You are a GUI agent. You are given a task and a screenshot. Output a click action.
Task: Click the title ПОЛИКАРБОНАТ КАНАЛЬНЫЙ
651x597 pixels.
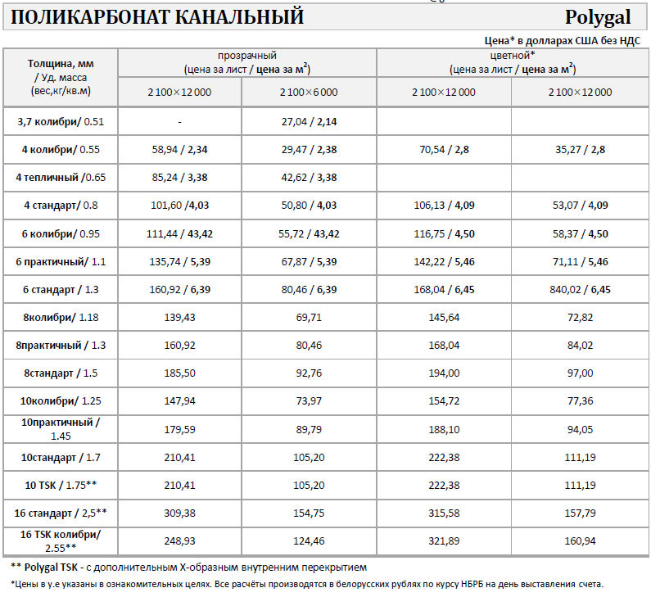[x=157, y=16]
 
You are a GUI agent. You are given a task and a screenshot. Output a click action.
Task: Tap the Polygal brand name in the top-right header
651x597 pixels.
[x=597, y=17]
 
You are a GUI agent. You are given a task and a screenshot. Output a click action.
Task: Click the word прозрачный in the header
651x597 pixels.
[x=246, y=56]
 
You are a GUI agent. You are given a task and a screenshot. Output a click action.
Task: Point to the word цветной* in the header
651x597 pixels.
[x=512, y=56]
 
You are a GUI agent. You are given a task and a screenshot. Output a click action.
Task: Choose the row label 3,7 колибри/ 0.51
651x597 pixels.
[x=61, y=121]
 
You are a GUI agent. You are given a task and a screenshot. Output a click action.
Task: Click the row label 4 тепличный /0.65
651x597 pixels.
[x=61, y=177]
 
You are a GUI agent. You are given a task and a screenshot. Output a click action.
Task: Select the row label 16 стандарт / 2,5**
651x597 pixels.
[x=61, y=513]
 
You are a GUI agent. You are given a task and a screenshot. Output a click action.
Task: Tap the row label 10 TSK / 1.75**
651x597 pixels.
[x=61, y=485]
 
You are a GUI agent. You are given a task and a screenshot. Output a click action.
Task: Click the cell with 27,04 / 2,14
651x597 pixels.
[x=309, y=121]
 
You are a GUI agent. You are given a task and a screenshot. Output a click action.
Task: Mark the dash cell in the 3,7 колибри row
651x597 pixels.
[x=179, y=121]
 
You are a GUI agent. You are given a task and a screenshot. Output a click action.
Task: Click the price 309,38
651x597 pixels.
[x=179, y=513]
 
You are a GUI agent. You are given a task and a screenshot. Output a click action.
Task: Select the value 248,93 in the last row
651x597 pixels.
[x=179, y=540]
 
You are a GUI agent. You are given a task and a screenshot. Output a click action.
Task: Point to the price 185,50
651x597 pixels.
[x=179, y=373]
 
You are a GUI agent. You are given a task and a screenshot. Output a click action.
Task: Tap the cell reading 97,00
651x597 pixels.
[x=581, y=373]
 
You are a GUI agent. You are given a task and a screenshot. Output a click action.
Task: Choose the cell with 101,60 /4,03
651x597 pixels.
[x=179, y=205]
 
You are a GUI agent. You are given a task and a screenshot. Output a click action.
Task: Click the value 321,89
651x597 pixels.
[x=443, y=540]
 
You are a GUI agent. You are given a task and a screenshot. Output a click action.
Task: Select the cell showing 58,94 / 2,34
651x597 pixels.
[x=179, y=149]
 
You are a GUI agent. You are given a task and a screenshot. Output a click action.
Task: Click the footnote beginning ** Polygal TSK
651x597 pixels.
[x=188, y=567]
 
